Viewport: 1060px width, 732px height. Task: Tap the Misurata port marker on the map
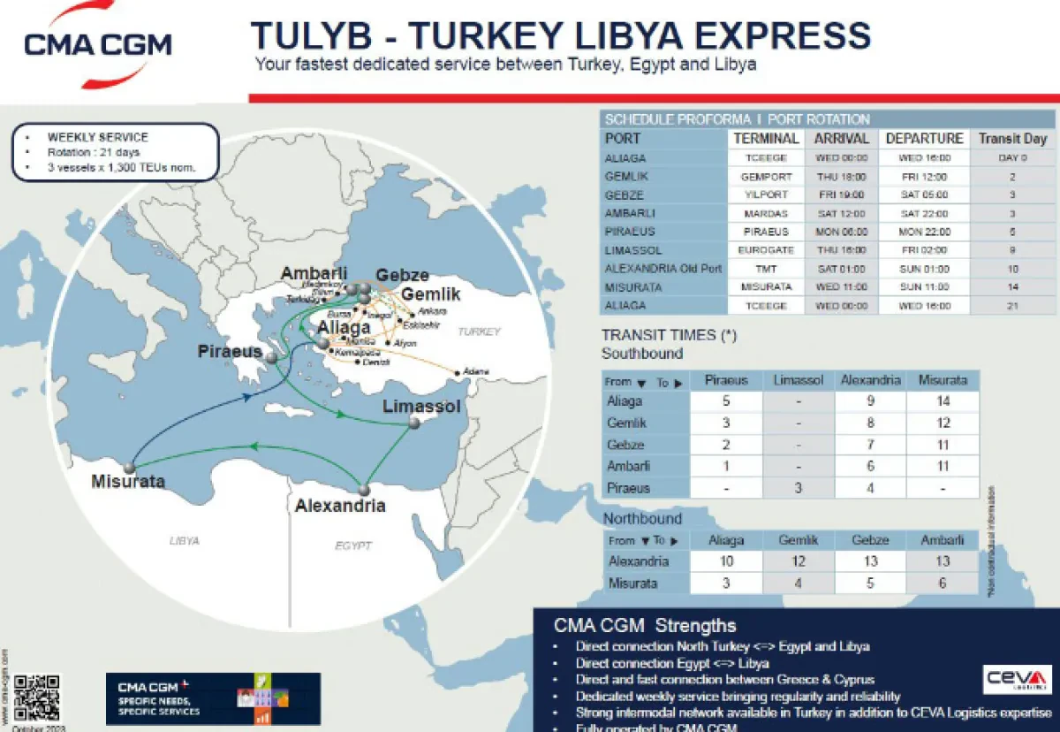click(x=130, y=467)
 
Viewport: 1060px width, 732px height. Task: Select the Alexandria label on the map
click(x=340, y=506)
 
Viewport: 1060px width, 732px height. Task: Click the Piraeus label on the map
click(x=230, y=352)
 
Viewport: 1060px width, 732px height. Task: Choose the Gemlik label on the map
click(x=430, y=294)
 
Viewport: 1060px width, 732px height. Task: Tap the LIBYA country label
click(x=185, y=540)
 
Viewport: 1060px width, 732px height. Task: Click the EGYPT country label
click(x=353, y=545)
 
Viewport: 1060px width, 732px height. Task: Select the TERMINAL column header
click(x=766, y=139)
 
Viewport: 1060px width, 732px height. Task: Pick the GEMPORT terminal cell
click(x=766, y=177)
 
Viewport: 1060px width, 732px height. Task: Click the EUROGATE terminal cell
click(x=766, y=250)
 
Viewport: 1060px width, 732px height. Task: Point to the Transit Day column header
click(x=1012, y=139)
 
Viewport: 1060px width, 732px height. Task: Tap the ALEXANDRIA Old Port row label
click(x=663, y=269)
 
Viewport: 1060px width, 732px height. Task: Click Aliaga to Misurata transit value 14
click(x=942, y=401)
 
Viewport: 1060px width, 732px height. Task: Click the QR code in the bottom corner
click(x=37, y=696)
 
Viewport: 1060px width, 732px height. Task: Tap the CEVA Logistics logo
click(x=1017, y=679)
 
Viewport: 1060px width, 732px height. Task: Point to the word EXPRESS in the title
click(x=763, y=36)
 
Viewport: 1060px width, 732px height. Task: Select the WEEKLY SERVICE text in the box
click(x=98, y=138)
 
